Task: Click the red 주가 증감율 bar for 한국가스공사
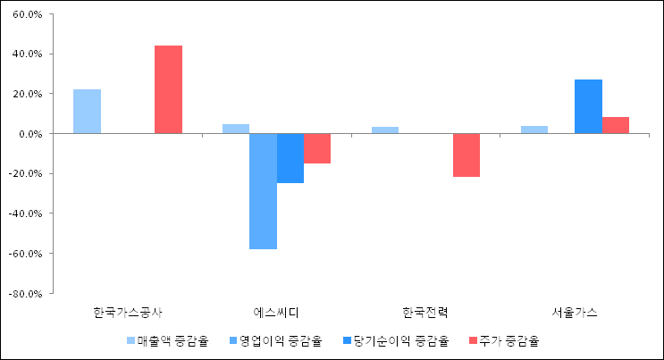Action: pos(168,89)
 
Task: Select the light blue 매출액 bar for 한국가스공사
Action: pos(87,112)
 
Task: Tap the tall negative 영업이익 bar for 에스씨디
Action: pos(263,191)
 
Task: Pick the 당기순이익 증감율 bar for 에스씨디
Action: pos(290,158)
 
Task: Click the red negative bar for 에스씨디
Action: pos(317,148)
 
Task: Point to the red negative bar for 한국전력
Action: pos(466,155)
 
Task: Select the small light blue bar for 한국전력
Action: pos(385,130)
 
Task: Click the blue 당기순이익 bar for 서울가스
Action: pos(588,106)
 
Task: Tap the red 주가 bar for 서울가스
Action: pos(615,125)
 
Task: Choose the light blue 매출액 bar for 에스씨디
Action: pos(236,129)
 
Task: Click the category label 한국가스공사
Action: pos(128,313)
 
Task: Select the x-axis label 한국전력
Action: pos(425,313)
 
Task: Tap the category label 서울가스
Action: pos(575,313)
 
